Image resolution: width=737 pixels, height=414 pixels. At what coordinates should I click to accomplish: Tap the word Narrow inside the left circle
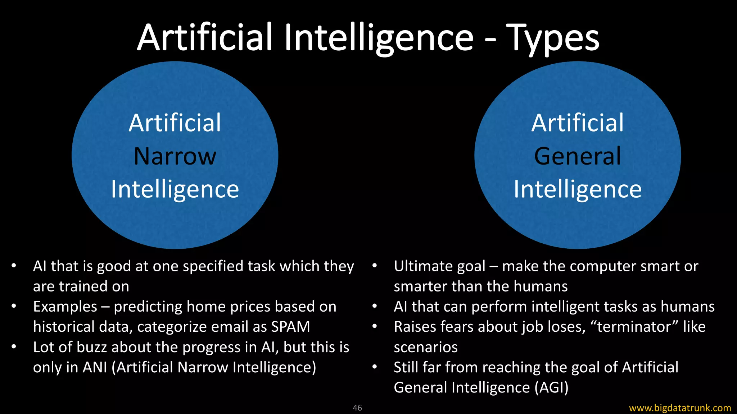175,156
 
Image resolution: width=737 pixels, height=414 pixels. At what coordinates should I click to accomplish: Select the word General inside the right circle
578,156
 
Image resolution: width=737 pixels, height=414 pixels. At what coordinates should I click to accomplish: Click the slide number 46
357,408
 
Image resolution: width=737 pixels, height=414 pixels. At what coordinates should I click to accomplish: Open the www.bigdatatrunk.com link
680,408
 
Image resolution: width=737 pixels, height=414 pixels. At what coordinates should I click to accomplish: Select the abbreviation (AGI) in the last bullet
551,387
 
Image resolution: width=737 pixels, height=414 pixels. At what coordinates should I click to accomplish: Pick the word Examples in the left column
65,307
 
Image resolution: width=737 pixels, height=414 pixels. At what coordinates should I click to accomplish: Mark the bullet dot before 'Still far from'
375,367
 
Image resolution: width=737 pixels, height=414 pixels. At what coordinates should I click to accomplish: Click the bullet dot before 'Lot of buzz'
14,347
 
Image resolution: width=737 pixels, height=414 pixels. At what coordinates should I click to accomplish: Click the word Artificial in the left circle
175,123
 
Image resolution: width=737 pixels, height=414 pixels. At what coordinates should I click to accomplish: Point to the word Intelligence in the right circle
578,189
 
